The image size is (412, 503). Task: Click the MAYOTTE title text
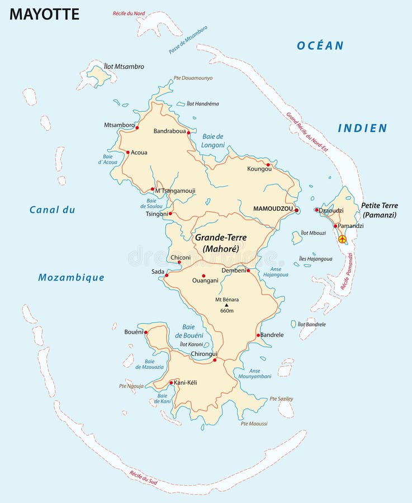tap(44, 14)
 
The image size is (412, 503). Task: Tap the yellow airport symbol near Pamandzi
tap(343, 239)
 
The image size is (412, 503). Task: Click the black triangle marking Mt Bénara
tap(226, 305)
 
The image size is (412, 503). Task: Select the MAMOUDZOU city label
tap(273, 208)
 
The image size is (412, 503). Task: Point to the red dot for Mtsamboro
tap(137, 128)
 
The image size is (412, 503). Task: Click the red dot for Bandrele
tap(258, 335)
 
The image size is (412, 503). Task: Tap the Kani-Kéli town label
tap(186, 382)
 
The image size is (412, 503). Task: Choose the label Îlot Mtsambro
tap(124, 67)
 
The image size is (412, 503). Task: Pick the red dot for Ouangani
tap(203, 276)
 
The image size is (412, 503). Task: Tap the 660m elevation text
tap(227, 311)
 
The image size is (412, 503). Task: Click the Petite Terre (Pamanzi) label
tap(379, 210)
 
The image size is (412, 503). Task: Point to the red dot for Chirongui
tap(215, 360)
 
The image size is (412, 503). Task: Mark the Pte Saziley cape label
tap(281, 398)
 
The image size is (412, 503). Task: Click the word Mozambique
tap(71, 278)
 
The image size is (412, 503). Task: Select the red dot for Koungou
tap(268, 165)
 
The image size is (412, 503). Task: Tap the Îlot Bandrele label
tap(311, 324)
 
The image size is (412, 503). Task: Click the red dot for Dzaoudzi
tap(316, 210)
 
